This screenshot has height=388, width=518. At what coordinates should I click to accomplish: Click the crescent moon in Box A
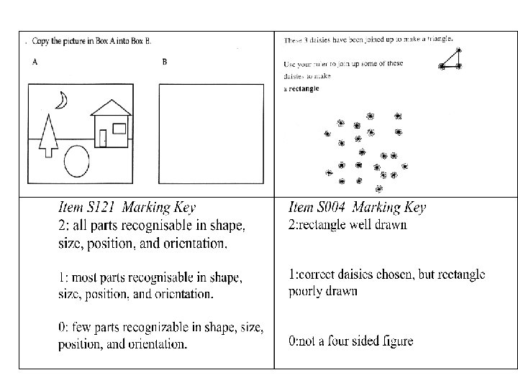[x=63, y=102]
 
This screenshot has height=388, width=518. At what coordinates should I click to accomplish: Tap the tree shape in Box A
[x=48, y=136]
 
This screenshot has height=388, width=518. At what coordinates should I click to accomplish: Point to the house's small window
[x=119, y=129]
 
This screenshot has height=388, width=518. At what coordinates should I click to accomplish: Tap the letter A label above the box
[x=35, y=62]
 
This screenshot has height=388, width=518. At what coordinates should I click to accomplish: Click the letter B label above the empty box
[x=165, y=62]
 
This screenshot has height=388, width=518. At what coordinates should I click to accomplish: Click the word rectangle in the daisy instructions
[x=304, y=88]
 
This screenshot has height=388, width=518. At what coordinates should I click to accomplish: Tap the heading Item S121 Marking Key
[x=127, y=208]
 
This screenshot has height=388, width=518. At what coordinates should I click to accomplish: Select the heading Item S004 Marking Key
[x=357, y=208]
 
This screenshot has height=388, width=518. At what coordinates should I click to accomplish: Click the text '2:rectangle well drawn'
[x=347, y=224]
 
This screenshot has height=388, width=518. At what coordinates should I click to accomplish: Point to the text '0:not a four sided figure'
[x=350, y=341]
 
